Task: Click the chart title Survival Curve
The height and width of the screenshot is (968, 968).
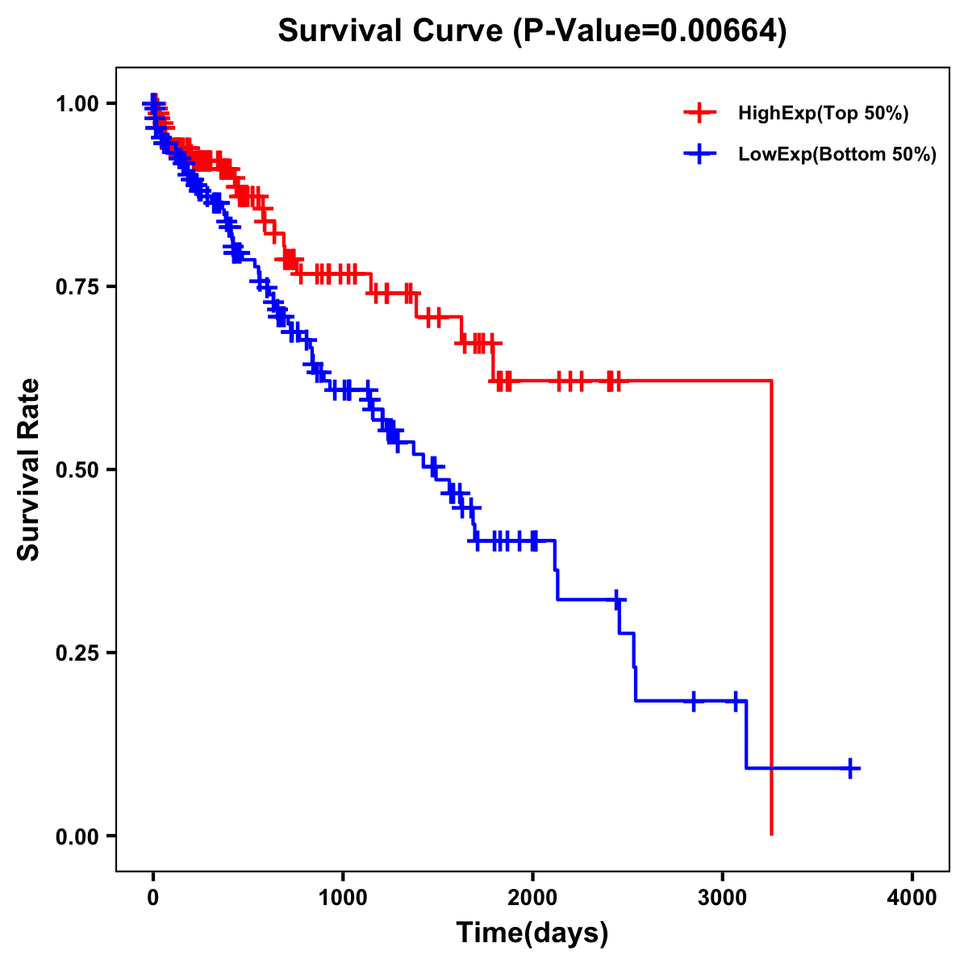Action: pos(390,31)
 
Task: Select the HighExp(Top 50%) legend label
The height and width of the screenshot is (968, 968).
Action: pos(824,114)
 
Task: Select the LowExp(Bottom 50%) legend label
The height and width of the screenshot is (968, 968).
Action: pos(837,155)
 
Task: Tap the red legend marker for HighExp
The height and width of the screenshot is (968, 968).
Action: pos(699,114)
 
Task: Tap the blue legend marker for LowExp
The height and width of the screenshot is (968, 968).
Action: pos(699,155)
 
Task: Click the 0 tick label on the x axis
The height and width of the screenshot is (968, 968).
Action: pos(153,898)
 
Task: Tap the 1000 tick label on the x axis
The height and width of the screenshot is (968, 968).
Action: pos(343,898)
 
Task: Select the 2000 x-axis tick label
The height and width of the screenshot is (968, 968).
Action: pos(532,898)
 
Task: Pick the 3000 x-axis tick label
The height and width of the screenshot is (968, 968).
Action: pos(723,898)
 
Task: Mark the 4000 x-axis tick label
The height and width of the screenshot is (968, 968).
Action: pos(912,898)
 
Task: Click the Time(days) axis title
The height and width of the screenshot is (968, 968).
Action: pos(532,933)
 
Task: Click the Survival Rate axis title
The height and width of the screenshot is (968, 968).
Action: pos(30,469)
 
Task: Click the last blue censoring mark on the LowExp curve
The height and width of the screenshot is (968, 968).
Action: pos(849,768)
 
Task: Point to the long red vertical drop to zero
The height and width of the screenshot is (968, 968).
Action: pos(772,605)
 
